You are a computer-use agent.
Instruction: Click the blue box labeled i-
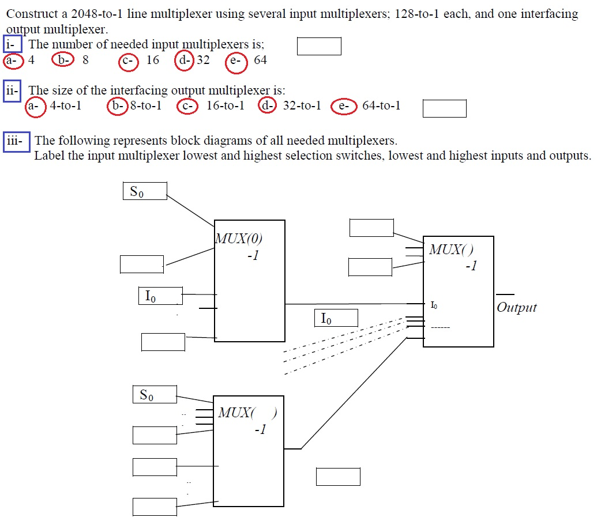(x=12, y=44)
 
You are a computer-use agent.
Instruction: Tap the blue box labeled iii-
(x=16, y=141)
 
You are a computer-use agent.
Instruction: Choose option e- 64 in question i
(x=236, y=63)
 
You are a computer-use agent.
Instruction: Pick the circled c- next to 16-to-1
(x=187, y=107)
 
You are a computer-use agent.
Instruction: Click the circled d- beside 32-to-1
(x=267, y=107)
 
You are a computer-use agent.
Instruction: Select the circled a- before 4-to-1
(x=35, y=107)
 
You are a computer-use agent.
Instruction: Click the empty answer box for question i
(x=319, y=46)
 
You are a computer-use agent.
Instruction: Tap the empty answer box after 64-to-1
(x=444, y=108)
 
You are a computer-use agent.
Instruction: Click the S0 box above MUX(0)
(x=145, y=191)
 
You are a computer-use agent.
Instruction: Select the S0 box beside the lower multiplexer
(x=154, y=395)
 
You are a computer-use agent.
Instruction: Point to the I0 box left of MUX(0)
(x=160, y=296)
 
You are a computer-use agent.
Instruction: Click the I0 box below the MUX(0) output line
(x=336, y=318)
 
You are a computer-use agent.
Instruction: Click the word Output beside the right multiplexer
(x=516, y=308)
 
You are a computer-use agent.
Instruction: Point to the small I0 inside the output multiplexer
(x=434, y=305)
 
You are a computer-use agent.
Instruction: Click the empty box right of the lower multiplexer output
(x=338, y=477)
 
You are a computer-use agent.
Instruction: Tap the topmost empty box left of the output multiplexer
(x=371, y=228)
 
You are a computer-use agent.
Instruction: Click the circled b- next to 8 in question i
(x=62, y=60)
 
